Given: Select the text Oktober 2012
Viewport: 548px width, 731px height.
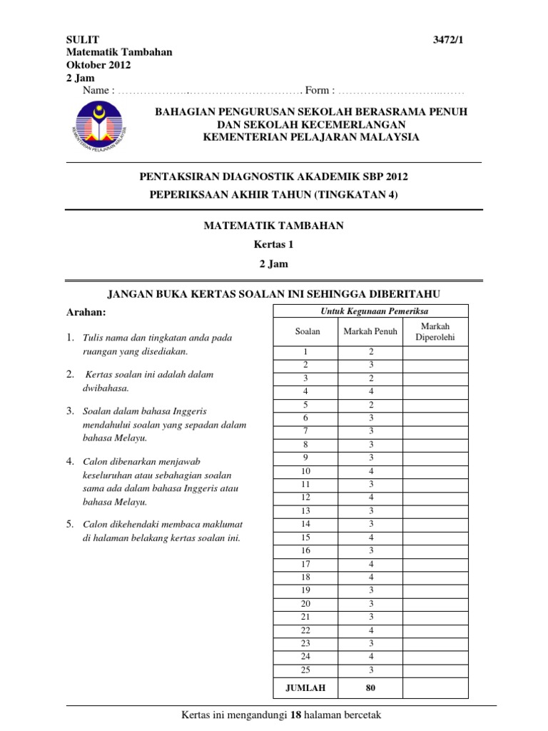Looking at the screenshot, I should [x=98, y=65].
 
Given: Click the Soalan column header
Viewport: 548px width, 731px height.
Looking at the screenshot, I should [x=308, y=331].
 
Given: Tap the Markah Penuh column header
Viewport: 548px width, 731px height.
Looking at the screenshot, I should [x=370, y=331].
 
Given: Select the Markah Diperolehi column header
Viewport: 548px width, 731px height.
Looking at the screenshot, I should [x=435, y=331].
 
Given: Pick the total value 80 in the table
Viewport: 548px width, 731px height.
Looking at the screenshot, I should [x=370, y=688].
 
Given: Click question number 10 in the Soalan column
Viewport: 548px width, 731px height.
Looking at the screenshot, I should [x=308, y=471].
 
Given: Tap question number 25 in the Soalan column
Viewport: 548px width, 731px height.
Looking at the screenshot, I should [x=308, y=670].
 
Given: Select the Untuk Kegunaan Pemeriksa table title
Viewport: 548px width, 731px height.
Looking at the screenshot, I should [x=370, y=311].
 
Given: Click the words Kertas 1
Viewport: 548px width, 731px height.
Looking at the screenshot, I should [x=274, y=244].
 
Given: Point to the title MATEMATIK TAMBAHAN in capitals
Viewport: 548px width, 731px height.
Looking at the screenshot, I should [x=274, y=226].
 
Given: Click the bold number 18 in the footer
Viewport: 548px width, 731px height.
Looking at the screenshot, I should [x=291, y=715].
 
